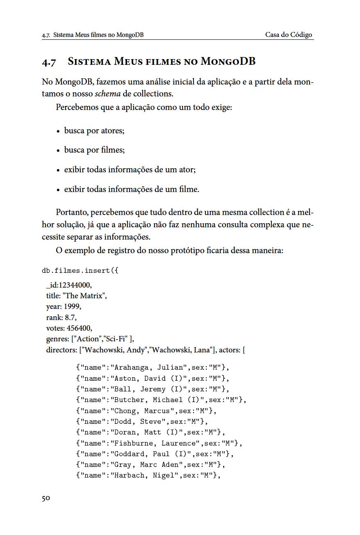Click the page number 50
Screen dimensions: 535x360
46,498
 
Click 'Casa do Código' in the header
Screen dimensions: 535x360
289,35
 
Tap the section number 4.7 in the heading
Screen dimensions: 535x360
49,62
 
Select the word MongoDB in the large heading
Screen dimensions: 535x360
228,62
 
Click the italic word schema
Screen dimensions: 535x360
108,94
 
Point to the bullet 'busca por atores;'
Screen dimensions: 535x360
94,130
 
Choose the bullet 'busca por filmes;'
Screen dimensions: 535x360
94,150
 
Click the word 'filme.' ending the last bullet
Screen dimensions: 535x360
189,189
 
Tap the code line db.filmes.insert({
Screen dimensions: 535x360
80,271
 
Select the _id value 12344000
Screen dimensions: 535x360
75,285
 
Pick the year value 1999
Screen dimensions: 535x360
72,306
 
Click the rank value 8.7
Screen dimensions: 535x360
71,317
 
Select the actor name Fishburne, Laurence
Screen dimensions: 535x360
155,443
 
